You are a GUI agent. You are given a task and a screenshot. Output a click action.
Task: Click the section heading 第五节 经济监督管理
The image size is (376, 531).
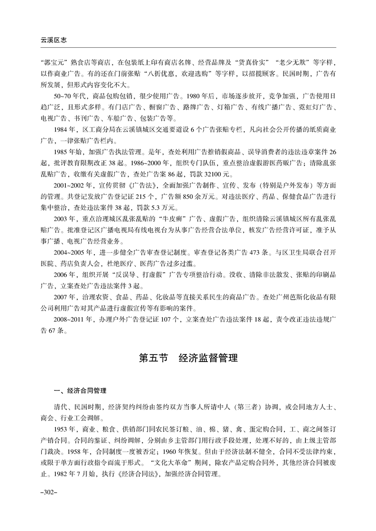tap(188, 358)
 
